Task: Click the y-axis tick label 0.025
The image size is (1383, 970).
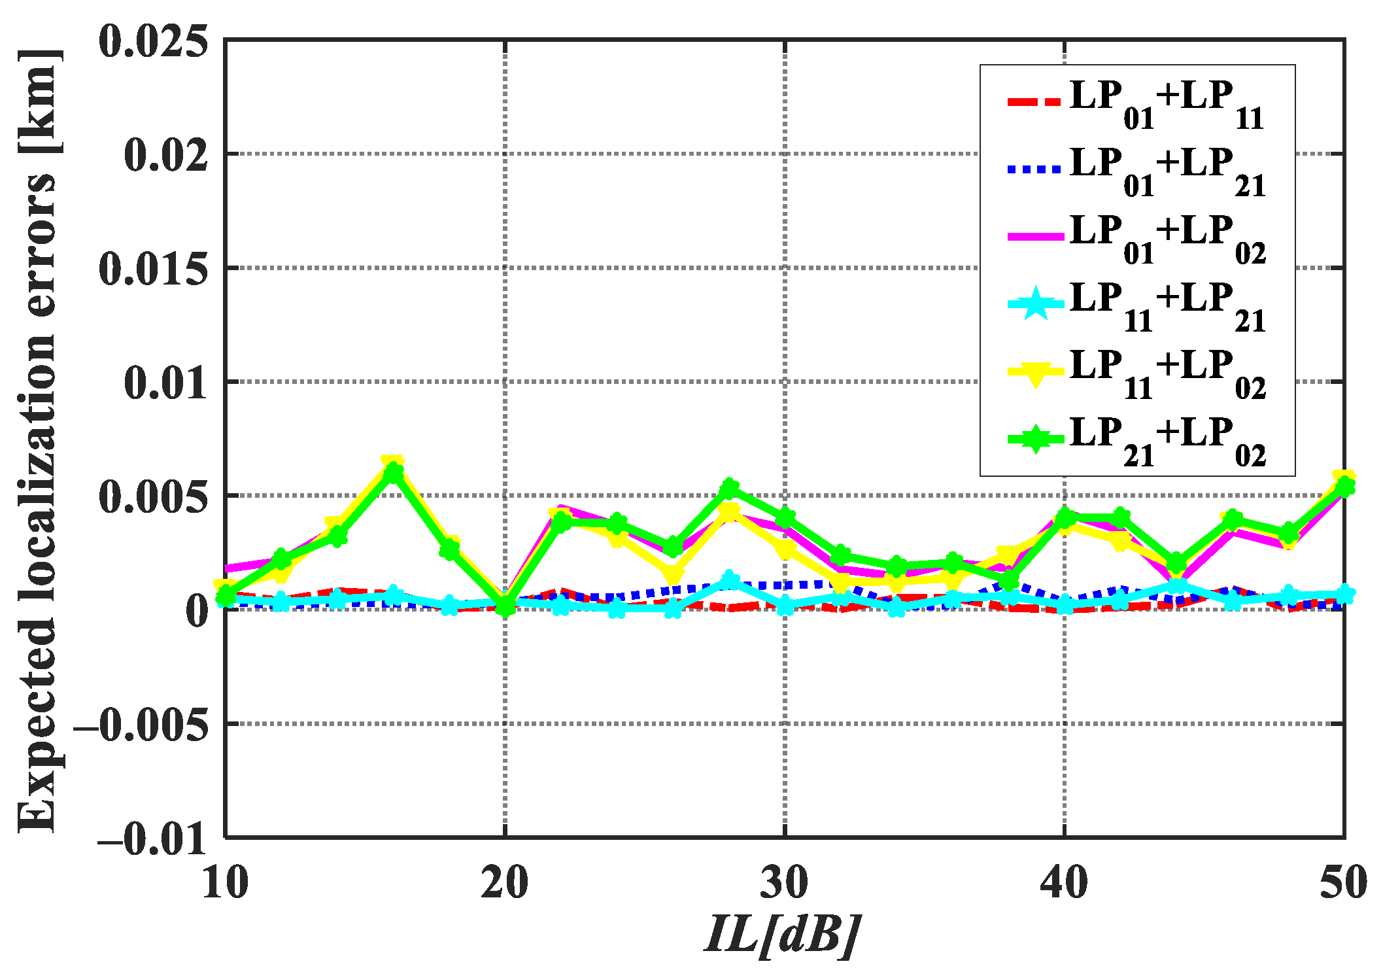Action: point(154,42)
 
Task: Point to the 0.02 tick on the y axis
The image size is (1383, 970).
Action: point(166,156)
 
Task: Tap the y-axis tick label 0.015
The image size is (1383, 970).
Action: point(154,269)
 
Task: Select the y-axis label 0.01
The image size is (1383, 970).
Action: point(166,383)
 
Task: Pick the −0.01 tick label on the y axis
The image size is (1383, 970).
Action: point(153,839)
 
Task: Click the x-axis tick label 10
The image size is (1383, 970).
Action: point(225,883)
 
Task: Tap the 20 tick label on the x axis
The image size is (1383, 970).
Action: point(505,883)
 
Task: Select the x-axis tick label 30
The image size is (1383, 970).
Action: point(785,883)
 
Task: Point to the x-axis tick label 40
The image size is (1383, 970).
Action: point(1065,883)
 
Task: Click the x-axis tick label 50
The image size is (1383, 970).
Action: point(1343,883)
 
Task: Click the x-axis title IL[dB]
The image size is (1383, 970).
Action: point(782,935)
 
